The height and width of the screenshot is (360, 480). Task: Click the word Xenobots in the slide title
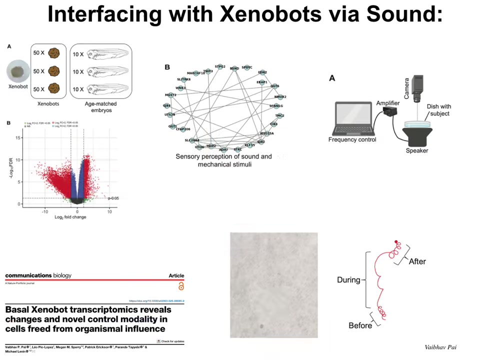270,14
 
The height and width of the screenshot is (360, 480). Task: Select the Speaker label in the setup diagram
416,150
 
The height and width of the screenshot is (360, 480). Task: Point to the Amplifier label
387,103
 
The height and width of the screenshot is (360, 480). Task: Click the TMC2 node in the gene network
279,115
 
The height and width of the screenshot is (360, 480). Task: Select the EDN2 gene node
262,73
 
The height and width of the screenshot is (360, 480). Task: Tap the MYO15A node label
266,133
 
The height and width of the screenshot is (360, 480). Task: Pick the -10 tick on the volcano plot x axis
45,212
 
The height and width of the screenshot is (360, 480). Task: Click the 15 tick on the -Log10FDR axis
18,138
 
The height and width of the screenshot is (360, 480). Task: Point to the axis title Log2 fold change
70,217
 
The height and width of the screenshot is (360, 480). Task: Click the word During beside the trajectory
348,280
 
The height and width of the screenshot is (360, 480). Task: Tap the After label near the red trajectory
417,261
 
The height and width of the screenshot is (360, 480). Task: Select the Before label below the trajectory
360,325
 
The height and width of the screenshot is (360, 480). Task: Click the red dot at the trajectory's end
396,242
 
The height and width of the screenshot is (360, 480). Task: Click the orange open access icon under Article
181,286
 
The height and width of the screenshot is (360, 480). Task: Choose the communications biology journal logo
38,275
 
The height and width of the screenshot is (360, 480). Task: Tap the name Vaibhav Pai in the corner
440,347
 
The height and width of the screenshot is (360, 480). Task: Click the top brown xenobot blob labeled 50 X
54,52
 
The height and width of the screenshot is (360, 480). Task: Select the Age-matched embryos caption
100,107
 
